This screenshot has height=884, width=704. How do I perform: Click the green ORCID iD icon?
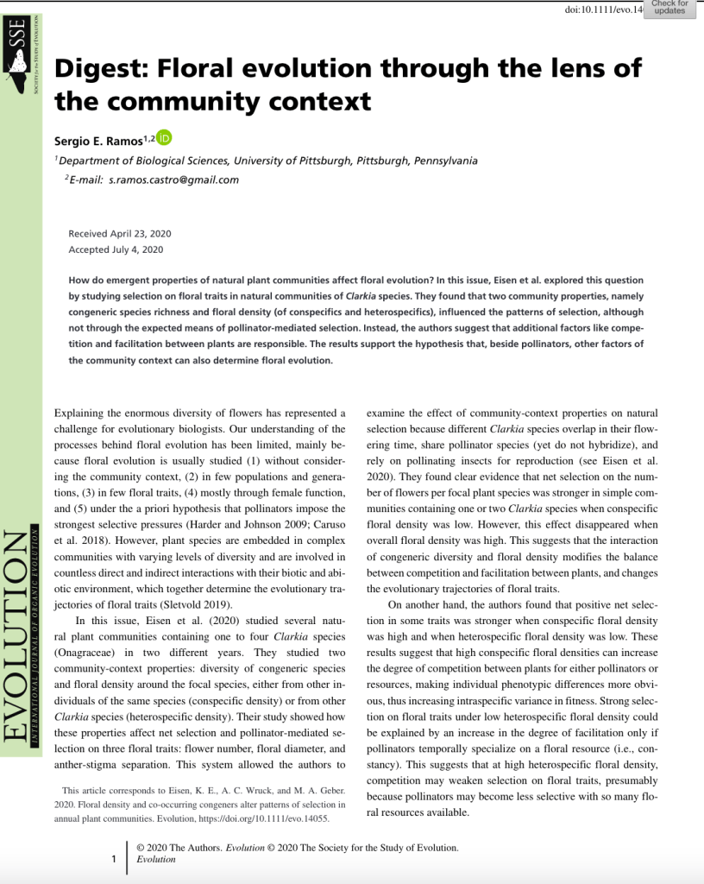click(x=165, y=137)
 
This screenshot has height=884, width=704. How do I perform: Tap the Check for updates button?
click(x=669, y=9)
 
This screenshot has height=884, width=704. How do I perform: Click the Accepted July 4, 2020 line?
click(x=116, y=249)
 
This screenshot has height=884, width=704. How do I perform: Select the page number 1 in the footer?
click(x=114, y=860)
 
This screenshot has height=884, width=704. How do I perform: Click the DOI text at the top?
click(x=604, y=9)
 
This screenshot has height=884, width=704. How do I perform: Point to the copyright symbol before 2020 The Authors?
click(x=141, y=848)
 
